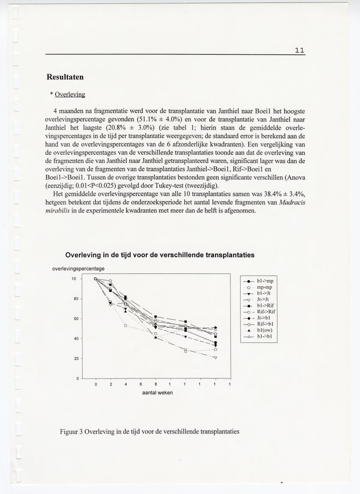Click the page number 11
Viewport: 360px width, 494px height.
tap(299, 50)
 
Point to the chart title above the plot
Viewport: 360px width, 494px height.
tap(160, 255)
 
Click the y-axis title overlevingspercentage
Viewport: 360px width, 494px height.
tap(78, 269)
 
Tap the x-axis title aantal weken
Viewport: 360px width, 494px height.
tap(157, 392)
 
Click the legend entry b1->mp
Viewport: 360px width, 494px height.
tap(265, 281)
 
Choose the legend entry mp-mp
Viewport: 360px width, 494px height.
tap(264, 287)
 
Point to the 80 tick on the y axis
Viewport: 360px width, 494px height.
tap(73, 299)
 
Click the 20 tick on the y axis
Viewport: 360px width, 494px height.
tap(73, 359)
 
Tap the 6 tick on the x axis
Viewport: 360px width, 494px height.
tap(140, 384)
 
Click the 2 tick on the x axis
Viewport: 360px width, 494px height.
tap(111, 384)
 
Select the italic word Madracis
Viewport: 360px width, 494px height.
tap(292, 202)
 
